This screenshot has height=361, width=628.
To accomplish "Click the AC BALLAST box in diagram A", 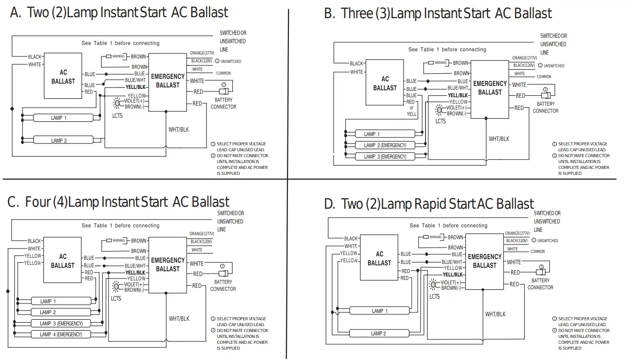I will pos(63,77).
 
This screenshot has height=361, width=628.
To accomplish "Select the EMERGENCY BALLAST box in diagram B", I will pos(489,88).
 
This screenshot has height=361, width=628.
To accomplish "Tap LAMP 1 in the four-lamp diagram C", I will pos(48,301).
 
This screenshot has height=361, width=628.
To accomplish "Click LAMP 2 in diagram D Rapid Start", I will pos(378,333).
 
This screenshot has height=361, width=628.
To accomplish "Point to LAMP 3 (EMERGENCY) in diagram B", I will pos(385,157).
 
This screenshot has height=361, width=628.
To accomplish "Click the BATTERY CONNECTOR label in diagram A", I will pos(223,103).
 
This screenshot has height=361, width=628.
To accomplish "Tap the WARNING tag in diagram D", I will pos(435,237).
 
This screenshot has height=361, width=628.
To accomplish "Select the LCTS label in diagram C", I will pos(116,298).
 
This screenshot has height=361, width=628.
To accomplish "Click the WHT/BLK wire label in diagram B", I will pos(499,139).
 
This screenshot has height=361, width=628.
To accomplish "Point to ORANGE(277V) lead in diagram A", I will pos(202,53).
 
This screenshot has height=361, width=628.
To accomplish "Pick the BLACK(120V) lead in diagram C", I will pos(201,242).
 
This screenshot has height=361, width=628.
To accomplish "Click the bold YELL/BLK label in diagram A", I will pos(136,87).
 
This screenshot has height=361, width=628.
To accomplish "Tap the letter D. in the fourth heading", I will pos(330,204).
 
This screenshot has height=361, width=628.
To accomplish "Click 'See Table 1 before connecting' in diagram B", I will pos(447,50).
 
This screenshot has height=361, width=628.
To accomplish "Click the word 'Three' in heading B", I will pos(357,14).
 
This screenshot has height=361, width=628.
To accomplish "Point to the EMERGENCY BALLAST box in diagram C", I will pos(168,265).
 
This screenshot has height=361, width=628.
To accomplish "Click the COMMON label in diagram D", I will pos(537,251).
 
